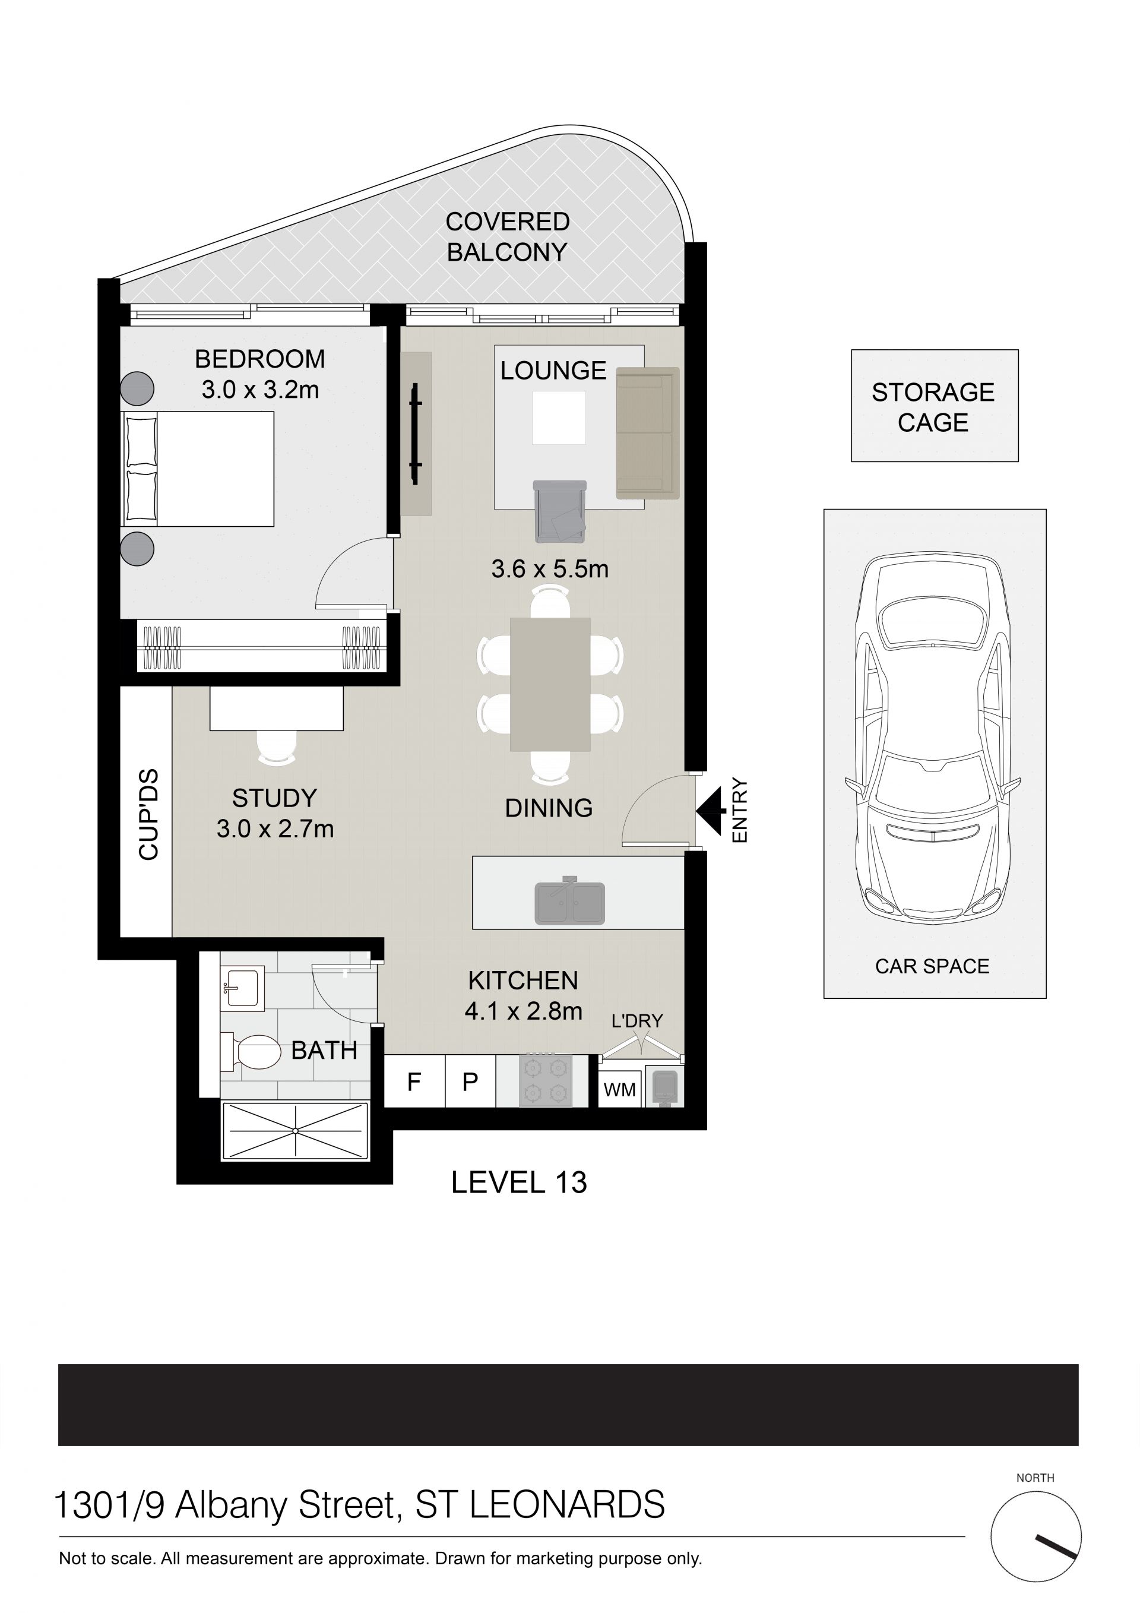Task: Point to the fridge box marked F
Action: (x=414, y=1082)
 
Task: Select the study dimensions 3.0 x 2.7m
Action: (x=275, y=829)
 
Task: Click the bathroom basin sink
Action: (x=242, y=989)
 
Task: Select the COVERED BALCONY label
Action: (x=507, y=237)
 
